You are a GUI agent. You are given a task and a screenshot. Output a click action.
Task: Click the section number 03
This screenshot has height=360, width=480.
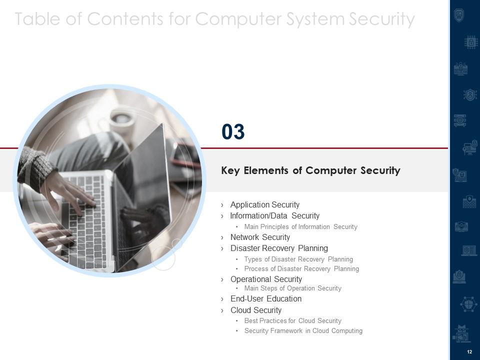[x=233, y=131]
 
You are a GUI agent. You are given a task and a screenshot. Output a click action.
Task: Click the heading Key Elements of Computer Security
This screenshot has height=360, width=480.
[x=310, y=170]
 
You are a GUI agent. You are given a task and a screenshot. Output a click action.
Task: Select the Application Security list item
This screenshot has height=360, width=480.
[x=265, y=205]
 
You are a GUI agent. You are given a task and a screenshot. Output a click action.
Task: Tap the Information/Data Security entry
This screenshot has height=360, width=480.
[x=274, y=216]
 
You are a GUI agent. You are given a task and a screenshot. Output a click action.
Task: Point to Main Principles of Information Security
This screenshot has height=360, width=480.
[x=300, y=227]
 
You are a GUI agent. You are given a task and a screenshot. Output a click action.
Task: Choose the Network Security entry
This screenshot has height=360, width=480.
[x=260, y=237]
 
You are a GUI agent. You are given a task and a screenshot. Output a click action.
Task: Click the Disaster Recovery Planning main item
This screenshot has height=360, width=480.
[x=279, y=248]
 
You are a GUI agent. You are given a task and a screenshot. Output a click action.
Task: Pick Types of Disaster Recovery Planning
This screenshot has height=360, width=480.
[x=298, y=259]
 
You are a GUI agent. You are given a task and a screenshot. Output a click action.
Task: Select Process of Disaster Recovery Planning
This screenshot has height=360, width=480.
[x=301, y=269]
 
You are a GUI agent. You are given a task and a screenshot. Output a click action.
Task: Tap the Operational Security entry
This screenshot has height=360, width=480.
[x=266, y=279]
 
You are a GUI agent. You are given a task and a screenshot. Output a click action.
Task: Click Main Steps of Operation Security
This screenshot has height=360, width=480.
[x=292, y=288]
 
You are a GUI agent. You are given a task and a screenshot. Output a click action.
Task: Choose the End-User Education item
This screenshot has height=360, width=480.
[x=265, y=299]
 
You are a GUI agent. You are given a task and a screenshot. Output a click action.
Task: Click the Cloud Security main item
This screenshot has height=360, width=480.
[x=255, y=310]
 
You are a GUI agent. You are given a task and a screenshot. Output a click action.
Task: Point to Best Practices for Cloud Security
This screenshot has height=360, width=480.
[x=292, y=321]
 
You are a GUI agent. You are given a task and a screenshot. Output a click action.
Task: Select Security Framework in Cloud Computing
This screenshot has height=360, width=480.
[x=303, y=331]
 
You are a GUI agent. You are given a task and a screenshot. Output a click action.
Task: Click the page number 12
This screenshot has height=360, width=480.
[x=469, y=352]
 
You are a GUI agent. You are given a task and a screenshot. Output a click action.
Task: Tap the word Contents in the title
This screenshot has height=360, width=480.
[x=125, y=18]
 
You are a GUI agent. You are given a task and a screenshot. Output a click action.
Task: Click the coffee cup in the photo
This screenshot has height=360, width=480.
[x=122, y=121]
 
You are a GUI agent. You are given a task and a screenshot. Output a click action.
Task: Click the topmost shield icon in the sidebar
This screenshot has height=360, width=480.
[x=459, y=15]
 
